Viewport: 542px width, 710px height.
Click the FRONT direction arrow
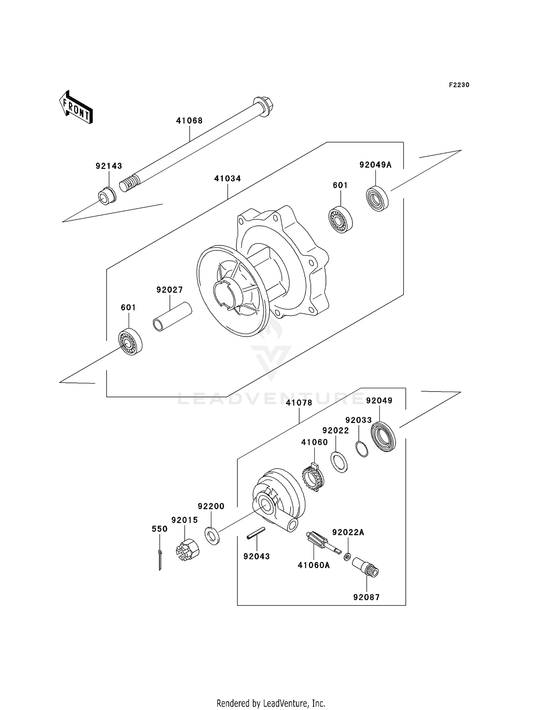(x=76, y=108)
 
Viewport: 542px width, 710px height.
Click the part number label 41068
(x=189, y=121)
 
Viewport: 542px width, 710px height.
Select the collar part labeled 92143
(x=107, y=196)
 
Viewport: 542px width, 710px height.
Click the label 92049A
(x=375, y=165)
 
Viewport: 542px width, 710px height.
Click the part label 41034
(x=227, y=178)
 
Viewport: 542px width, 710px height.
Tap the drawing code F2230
(x=459, y=85)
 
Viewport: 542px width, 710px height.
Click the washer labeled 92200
(x=212, y=536)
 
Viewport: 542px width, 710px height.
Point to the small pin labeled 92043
(x=256, y=534)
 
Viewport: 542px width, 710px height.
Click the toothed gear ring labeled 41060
(x=313, y=478)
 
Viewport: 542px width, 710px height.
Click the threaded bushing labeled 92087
(x=365, y=567)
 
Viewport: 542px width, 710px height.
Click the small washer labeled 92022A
(x=347, y=556)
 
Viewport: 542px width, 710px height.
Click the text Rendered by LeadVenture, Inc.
(x=271, y=703)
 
